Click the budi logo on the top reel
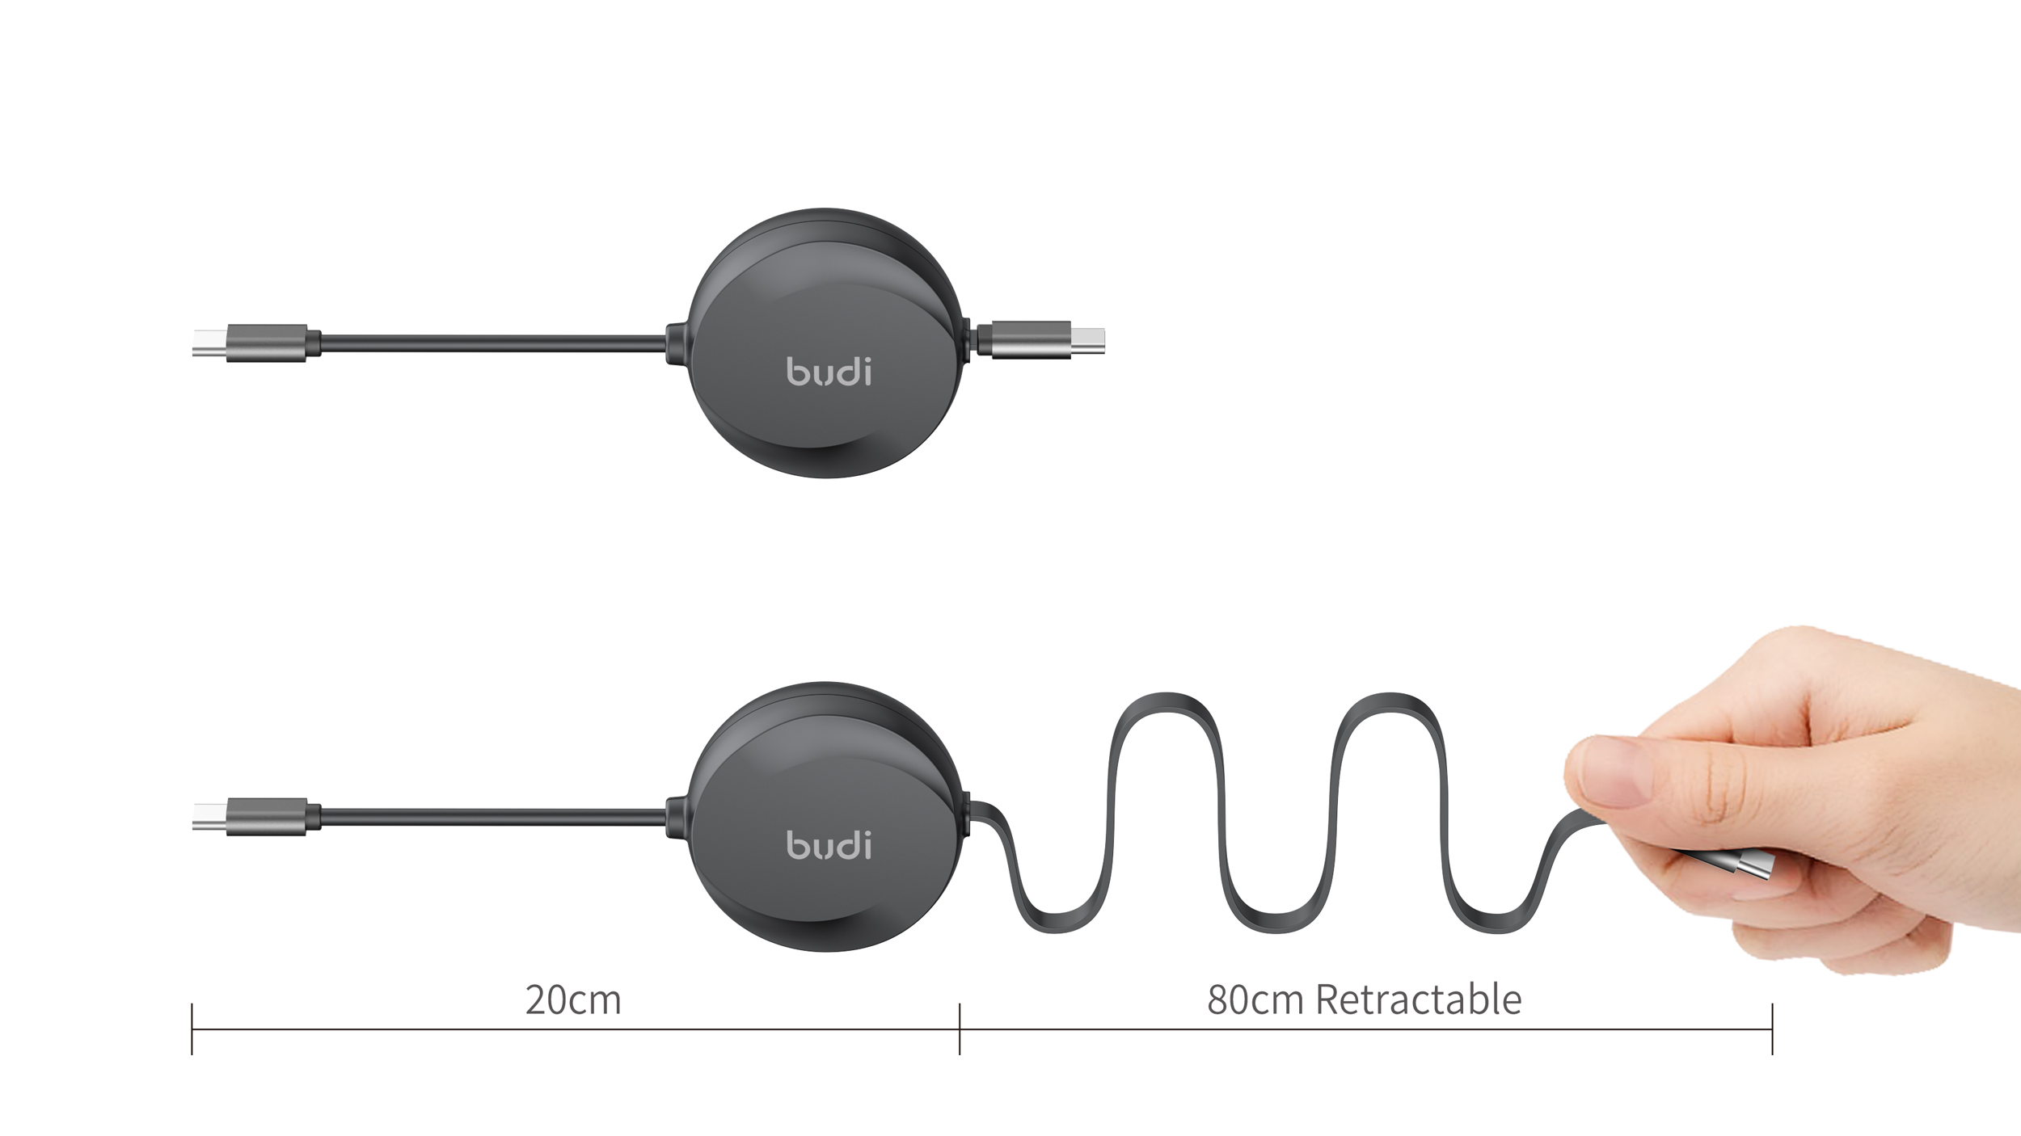pos(829,372)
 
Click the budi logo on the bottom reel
pos(829,845)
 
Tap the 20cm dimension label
pos(573,1000)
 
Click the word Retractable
pos(1418,1000)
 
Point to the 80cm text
pos(1255,1000)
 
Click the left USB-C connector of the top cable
pos(251,343)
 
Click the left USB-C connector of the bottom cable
pos(251,816)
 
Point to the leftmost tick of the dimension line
pos(192,1029)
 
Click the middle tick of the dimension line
pos(960,1029)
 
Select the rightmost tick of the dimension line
pos(1772,1029)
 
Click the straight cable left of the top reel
pos(493,343)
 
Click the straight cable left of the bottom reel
pos(493,817)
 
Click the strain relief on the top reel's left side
pos(676,343)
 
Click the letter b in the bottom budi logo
pos(797,845)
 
